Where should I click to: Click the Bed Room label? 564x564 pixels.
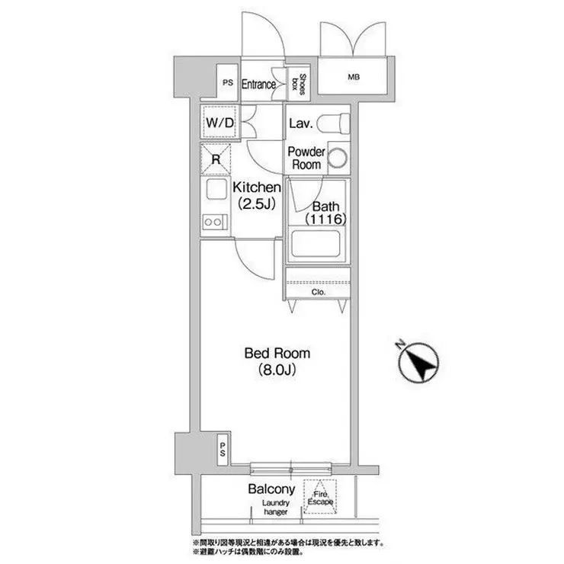click(x=277, y=353)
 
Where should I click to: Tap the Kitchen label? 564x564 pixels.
click(x=256, y=187)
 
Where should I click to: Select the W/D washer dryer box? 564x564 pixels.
click(x=220, y=122)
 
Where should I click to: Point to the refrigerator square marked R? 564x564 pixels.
click(x=215, y=159)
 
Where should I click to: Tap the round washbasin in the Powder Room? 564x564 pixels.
click(x=338, y=159)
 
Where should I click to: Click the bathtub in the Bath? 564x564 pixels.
click(x=315, y=243)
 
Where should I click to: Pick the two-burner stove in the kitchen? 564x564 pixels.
click(x=215, y=222)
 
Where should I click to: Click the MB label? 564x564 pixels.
click(x=354, y=77)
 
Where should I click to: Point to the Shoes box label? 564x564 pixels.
click(x=300, y=85)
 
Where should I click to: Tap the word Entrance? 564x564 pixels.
click(x=258, y=85)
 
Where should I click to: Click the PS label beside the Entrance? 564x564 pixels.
click(x=227, y=83)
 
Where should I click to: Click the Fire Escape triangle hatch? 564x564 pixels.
click(x=320, y=497)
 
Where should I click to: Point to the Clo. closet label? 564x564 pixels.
click(x=319, y=292)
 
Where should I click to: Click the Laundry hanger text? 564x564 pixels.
click(x=276, y=507)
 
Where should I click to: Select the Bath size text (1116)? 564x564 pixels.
click(x=326, y=219)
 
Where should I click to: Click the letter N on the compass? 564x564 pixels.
click(x=399, y=344)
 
